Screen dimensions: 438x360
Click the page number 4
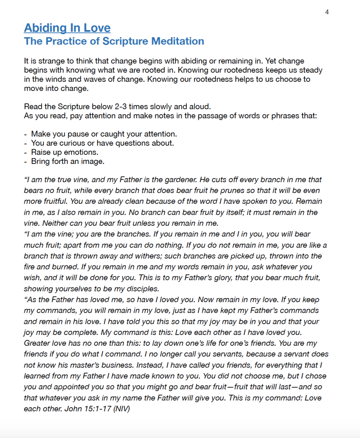click(x=327, y=12)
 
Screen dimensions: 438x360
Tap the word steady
click(x=311, y=70)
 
